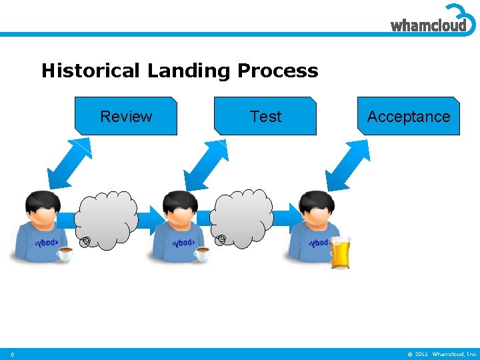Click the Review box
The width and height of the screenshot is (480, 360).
[x=126, y=117]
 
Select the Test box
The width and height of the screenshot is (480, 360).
[x=265, y=117]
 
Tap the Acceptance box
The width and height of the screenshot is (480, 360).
[x=408, y=117]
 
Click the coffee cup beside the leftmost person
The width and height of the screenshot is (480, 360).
[x=65, y=253]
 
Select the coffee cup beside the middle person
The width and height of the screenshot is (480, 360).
[x=201, y=253]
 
